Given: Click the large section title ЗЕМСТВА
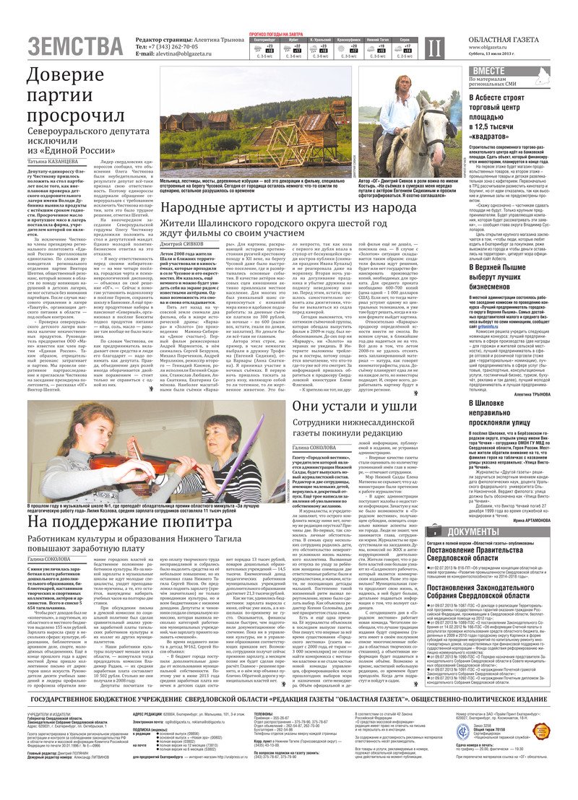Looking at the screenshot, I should pos(76,47).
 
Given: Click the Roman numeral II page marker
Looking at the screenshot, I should pos(432,48).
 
